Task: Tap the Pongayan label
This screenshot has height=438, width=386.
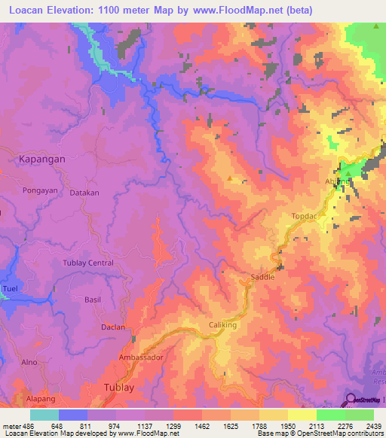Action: (40, 192)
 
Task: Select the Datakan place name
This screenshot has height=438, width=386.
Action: (84, 193)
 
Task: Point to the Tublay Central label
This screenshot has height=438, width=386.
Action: (88, 263)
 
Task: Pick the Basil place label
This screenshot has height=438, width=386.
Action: (93, 300)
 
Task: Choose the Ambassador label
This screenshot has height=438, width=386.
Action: (140, 357)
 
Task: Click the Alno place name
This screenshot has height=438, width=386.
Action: (29, 362)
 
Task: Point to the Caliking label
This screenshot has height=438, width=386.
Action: (222, 325)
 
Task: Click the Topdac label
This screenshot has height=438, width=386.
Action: (305, 216)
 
